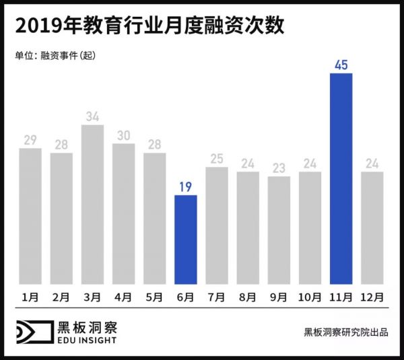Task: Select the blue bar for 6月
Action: (x=186, y=240)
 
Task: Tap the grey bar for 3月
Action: (x=92, y=205)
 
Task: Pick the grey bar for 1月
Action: (x=30, y=216)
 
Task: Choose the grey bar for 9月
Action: (x=279, y=230)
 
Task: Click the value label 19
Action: (x=186, y=186)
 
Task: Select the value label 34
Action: (x=93, y=116)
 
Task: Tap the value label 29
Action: (x=30, y=139)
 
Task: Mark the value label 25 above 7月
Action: (x=217, y=158)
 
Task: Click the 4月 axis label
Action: (x=123, y=295)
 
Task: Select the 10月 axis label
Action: (x=310, y=295)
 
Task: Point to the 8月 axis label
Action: (x=248, y=295)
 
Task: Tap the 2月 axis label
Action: (x=61, y=295)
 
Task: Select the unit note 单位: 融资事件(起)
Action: (x=55, y=56)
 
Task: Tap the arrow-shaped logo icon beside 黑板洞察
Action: (x=34, y=333)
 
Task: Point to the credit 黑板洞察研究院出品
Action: (x=345, y=332)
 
